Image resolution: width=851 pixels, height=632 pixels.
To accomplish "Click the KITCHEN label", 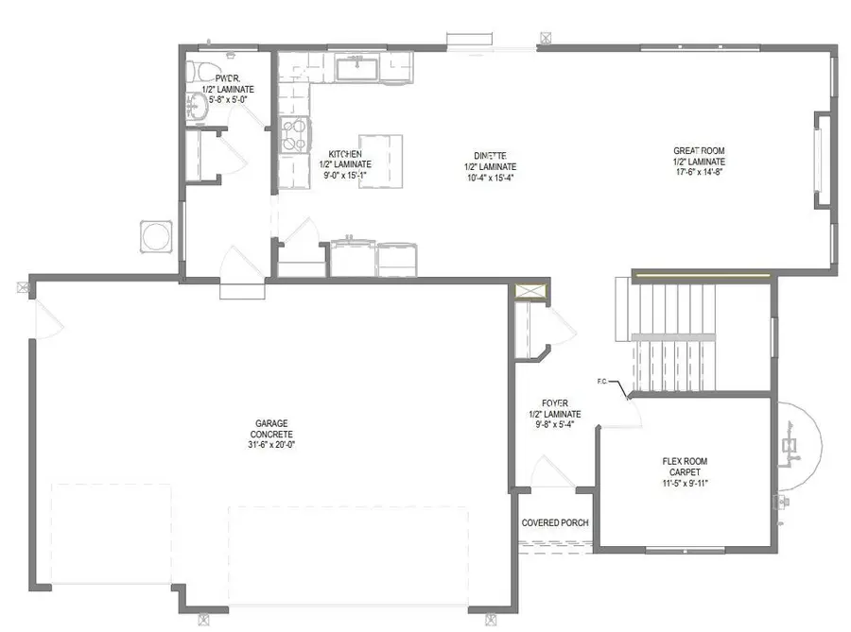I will click(x=344, y=154).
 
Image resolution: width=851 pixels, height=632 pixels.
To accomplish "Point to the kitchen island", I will click(x=380, y=161).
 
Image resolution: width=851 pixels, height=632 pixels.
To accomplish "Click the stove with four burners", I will click(x=295, y=134).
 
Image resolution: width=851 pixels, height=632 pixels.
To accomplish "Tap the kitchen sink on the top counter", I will click(x=356, y=67).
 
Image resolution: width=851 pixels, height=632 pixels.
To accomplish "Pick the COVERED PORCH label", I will click(x=556, y=522).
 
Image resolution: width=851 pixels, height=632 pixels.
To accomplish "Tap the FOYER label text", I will click(x=555, y=402).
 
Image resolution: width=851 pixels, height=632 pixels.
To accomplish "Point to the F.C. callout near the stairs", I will click(x=601, y=382).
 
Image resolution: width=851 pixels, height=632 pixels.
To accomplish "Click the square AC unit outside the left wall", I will click(x=156, y=236).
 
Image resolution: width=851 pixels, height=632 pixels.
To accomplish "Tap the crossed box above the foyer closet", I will click(x=530, y=292).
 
